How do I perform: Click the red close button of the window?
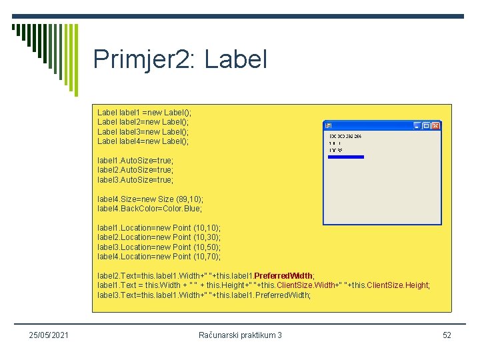pos(435,125)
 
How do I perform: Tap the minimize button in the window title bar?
pos(418,125)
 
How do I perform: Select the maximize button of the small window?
pos(427,125)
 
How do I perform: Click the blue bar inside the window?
pos(346,157)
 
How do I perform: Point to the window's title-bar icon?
pos(328,125)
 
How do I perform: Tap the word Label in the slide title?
pos(236,59)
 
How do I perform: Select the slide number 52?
pos(447,335)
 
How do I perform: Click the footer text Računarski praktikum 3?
pos(240,335)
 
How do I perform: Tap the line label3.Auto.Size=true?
pos(135,180)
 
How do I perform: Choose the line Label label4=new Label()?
pos(143,141)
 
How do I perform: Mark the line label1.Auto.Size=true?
pos(135,161)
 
